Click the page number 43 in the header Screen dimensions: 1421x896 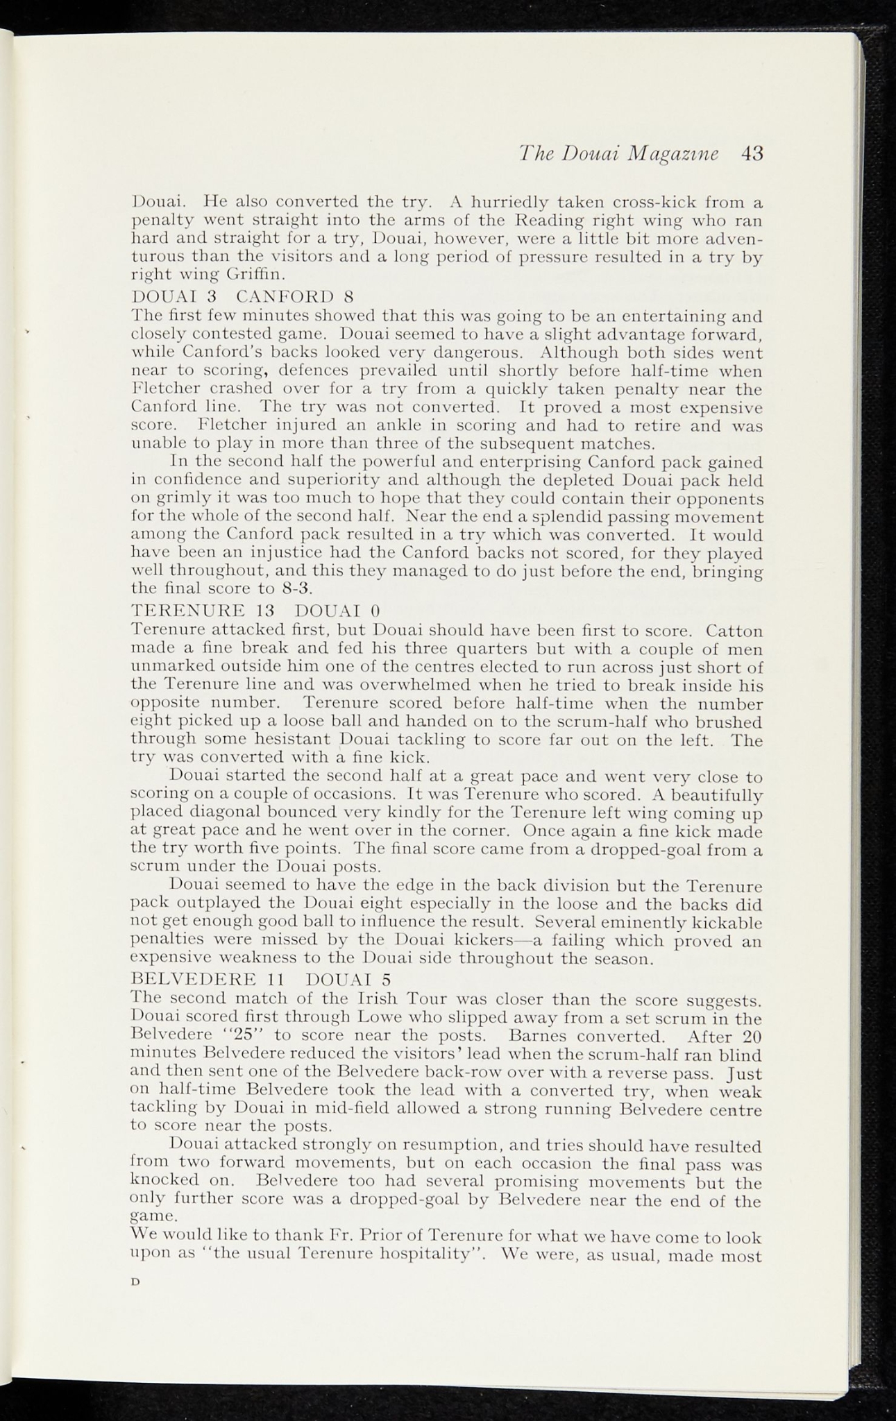[x=751, y=154]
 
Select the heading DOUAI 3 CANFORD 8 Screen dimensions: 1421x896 [x=243, y=297]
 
